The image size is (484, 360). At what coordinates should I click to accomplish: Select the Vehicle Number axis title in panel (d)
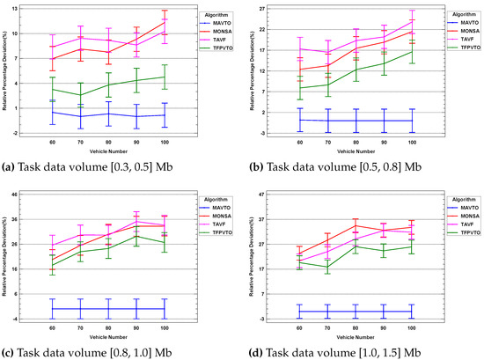click(x=355, y=335)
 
